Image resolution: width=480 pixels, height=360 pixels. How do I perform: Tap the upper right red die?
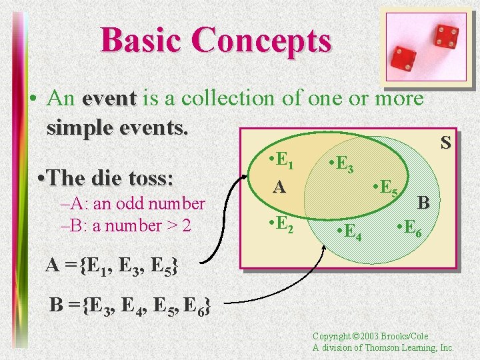tap(445, 34)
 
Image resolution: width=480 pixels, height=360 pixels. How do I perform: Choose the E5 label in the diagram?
tap(386, 190)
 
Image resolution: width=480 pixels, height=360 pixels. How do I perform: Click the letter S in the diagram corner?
tap(445, 142)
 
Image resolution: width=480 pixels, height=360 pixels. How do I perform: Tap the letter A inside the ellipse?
tap(279, 188)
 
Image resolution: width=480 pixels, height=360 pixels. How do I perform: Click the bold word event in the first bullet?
tap(109, 99)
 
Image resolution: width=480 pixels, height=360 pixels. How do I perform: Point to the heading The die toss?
tap(106, 178)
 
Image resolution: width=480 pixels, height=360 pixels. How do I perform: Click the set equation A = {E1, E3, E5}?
tap(111, 265)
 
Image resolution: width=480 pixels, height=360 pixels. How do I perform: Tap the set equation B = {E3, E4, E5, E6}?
tap(131, 305)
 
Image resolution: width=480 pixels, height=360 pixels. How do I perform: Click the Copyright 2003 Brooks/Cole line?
tap(370, 337)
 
